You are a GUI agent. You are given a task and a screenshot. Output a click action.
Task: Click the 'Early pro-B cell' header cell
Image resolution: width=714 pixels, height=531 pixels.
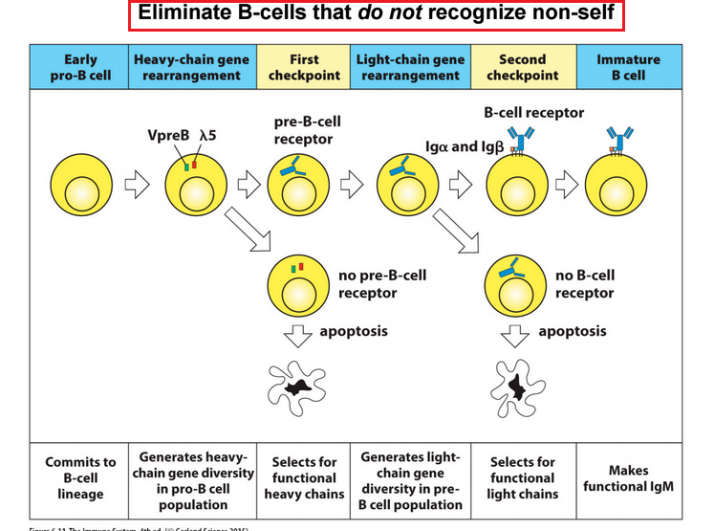click(x=80, y=67)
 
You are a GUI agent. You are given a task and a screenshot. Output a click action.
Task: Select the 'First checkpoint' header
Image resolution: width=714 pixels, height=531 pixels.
click(x=304, y=67)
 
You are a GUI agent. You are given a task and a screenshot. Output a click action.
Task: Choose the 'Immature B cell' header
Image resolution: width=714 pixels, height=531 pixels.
click(x=628, y=67)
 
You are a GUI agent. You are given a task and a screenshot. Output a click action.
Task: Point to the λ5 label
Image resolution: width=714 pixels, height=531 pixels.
click(x=207, y=136)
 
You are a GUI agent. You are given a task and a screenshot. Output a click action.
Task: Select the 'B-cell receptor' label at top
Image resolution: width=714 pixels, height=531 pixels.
click(x=533, y=113)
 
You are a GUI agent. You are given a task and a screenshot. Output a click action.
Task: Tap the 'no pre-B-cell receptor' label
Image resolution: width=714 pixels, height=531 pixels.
click(x=382, y=284)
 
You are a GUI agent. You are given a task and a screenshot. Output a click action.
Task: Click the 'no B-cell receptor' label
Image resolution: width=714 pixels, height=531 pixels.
click(x=585, y=284)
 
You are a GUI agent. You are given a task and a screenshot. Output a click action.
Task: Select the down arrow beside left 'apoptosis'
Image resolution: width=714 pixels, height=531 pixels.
click(x=300, y=333)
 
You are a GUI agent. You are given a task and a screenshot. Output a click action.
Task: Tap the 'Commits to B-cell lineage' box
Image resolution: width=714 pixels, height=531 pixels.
click(x=80, y=478)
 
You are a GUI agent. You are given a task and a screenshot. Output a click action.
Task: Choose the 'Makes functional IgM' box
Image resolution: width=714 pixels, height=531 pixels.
click(x=628, y=478)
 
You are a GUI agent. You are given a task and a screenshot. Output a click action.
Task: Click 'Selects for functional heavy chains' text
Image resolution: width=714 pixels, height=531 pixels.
click(x=304, y=478)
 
